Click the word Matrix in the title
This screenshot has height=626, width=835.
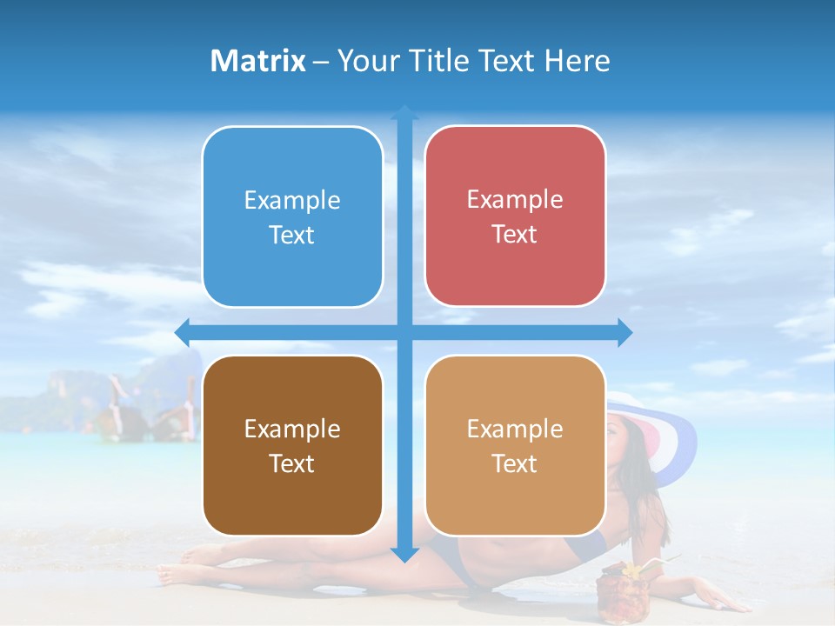[258, 61]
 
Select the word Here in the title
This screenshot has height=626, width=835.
[577, 61]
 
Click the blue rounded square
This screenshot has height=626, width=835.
[292, 217]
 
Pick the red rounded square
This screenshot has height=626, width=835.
[515, 216]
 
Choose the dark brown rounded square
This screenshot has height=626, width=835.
[292, 446]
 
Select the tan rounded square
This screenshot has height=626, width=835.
[515, 445]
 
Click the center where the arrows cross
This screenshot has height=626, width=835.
[404, 332]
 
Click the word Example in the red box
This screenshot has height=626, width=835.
[515, 200]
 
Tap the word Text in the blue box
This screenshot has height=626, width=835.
[292, 236]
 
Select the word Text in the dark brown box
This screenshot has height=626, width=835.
[292, 464]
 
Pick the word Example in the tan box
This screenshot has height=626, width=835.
[515, 429]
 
